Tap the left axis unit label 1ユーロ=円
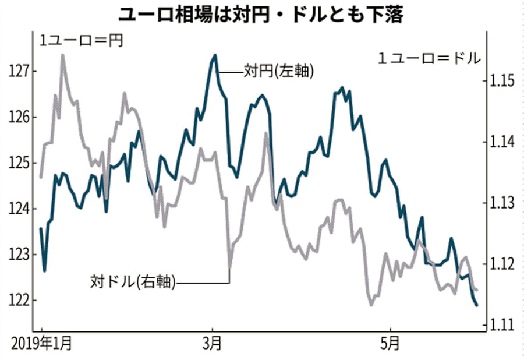[x=81, y=41]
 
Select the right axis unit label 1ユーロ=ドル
[x=430, y=58]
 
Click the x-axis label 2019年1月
[x=43, y=343]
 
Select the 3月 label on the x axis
[x=213, y=343]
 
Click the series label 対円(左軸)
[x=279, y=72]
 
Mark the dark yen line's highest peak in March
[x=215, y=55]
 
